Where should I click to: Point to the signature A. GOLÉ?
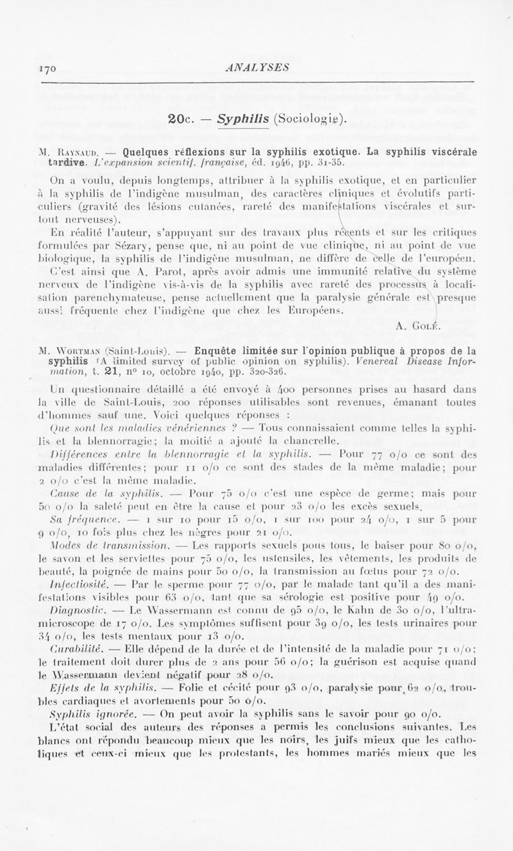pyautogui.click(x=417, y=326)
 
